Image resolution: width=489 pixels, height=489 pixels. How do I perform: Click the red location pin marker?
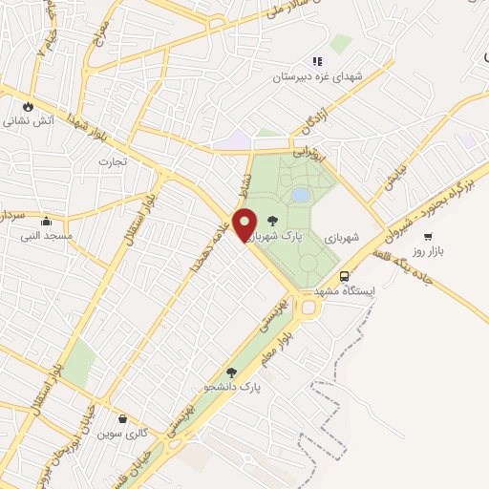[244, 223]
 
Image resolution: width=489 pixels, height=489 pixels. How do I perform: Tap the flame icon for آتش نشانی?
[29, 106]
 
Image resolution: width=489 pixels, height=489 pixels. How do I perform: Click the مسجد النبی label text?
[45, 235]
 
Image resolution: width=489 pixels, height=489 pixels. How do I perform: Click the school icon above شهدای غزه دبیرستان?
[316, 61]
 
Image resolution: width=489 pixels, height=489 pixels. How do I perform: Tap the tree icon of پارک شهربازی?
[272, 222]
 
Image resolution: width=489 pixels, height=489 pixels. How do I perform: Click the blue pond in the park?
[301, 195]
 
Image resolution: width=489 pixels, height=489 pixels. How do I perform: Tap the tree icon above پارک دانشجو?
[231, 372]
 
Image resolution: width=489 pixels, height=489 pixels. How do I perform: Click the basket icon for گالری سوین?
[122, 418]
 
